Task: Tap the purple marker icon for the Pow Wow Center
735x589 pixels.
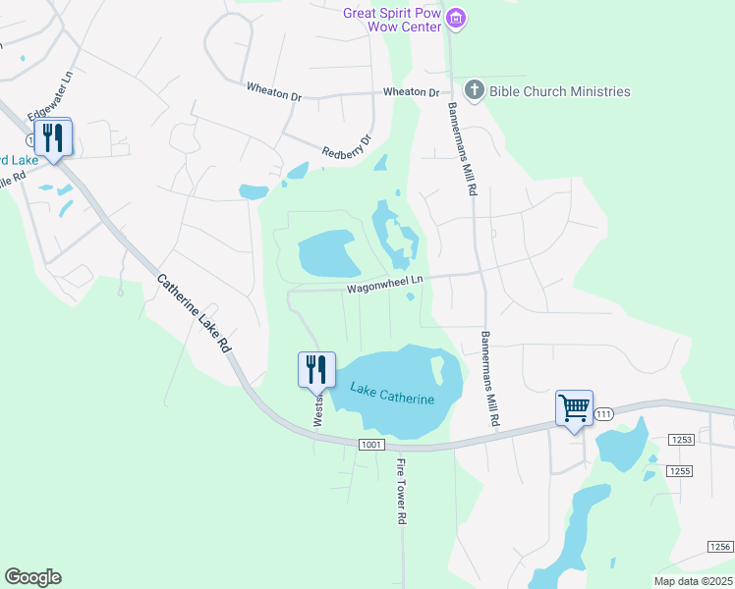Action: click(455, 18)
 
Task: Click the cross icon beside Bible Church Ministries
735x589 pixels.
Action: click(474, 91)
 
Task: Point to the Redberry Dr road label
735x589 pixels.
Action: click(348, 146)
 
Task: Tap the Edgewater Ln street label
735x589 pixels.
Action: click(52, 97)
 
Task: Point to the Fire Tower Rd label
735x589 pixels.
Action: click(401, 490)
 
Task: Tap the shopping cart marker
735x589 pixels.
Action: click(574, 407)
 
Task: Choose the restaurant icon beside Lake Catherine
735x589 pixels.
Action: click(316, 369)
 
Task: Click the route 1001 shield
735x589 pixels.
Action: click(370, 445)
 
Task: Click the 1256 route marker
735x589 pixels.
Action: click(721, 546)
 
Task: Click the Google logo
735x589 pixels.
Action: click(32, 577)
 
